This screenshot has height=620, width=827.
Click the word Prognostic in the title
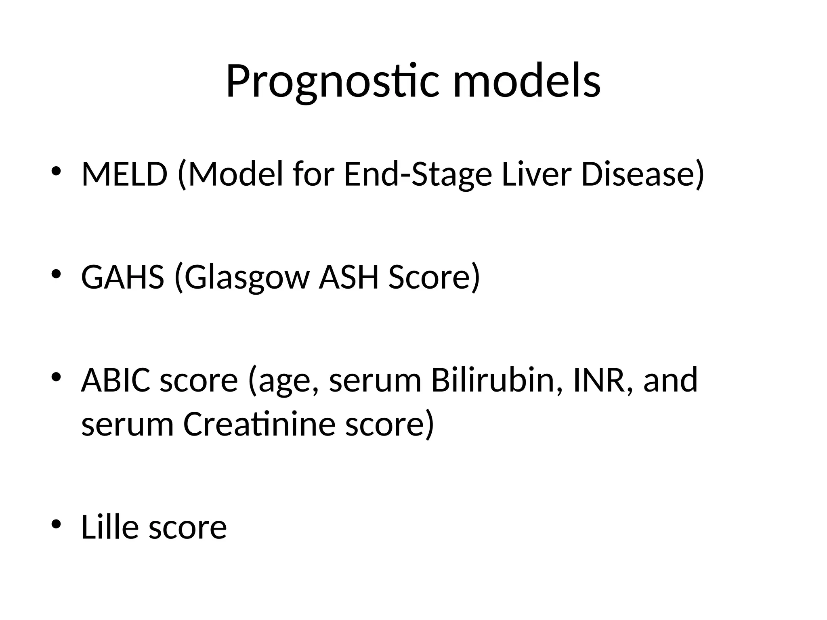[x=332, y=82]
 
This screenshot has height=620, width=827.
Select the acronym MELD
[x=124, y=174]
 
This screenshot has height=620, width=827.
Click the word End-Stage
[x=418, y=175]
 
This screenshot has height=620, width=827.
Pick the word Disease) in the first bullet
[x=642, y=175]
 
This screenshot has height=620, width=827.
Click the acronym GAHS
[x=122, y=277]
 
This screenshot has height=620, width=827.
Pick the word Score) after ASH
[x=434, y=278]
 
